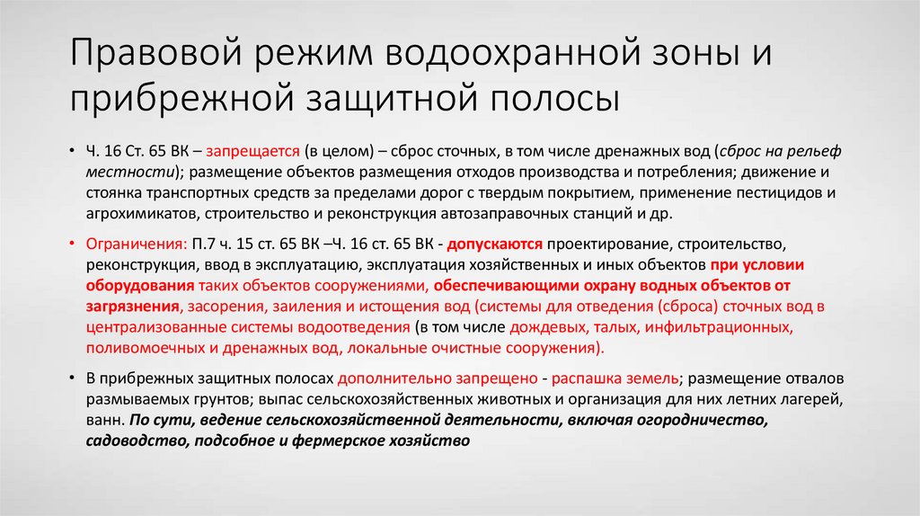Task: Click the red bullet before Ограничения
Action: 73,243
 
